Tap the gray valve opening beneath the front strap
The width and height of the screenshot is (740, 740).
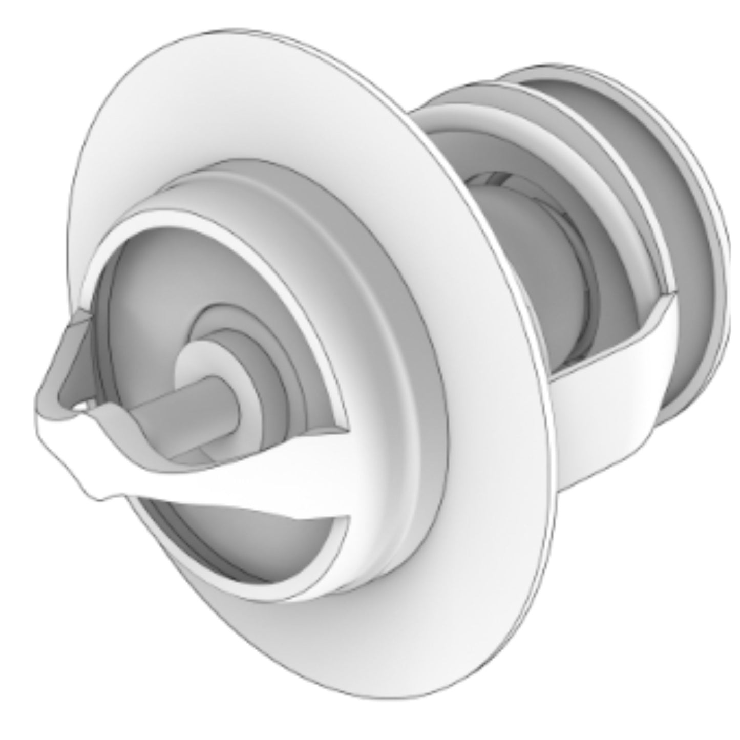point(246,538)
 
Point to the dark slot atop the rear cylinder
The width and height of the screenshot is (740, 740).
point(492,179)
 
